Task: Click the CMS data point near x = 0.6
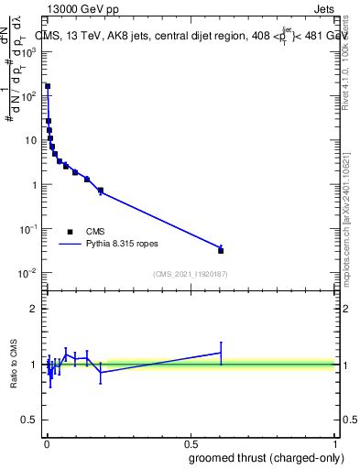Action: [221, 250]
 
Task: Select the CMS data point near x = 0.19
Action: [100, 191]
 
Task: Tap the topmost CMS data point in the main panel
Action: [48, 87]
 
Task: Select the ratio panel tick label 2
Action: [33, 309]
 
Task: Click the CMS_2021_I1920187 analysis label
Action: [190, 274]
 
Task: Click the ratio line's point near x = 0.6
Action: [221, 353]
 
